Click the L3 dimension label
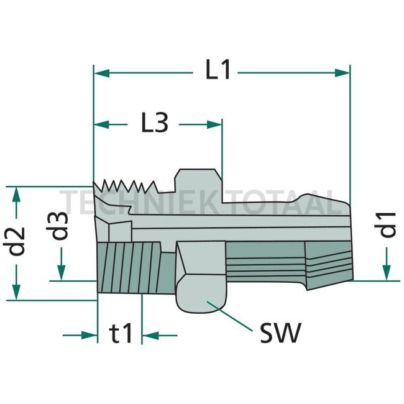click(x=154, y=124)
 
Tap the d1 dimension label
click(x=388, y=224)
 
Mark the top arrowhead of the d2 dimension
click(x=18, y=193)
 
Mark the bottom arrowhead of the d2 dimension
click(x=18, y=292)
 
